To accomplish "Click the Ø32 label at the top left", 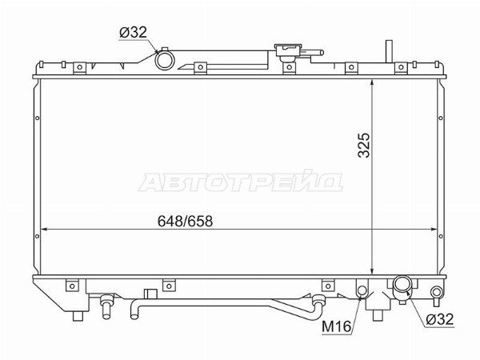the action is (133, 33).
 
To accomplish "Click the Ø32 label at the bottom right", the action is (439, 319).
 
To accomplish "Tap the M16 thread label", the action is (337, 326).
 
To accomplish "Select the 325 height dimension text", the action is (364, 145).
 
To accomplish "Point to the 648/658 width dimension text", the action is (185, 221).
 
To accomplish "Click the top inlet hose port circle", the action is (165, 60).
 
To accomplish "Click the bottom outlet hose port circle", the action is (402, 285).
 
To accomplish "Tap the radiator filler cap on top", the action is (289, 51).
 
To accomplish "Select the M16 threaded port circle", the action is (362, 290).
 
